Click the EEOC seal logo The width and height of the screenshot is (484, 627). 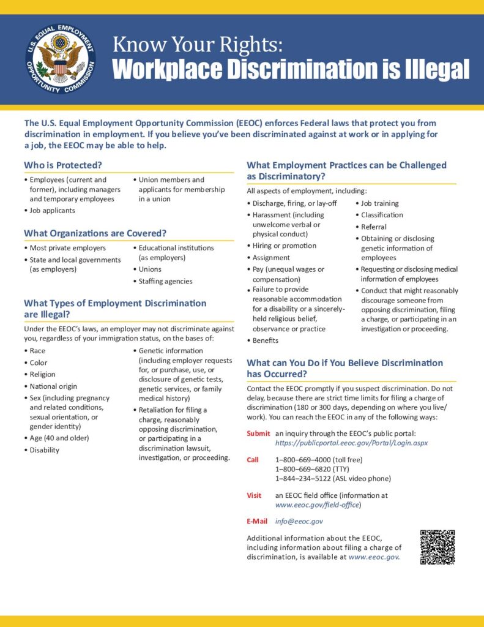tap(61, 60)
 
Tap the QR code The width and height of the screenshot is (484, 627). tap(437, 547)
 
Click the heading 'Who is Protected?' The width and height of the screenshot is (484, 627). tap(63, 165)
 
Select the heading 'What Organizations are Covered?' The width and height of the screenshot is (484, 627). tap(95, 233)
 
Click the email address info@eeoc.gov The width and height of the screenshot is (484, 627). tap(299, 521)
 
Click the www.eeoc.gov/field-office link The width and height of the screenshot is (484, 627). tap(318, 505)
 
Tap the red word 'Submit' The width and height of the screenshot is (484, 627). tap(258, 434)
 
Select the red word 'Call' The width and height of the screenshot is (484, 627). tap(253, 460)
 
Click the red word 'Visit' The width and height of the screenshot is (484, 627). tap(254, 495)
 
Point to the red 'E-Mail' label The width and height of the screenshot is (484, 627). tap(257, 521)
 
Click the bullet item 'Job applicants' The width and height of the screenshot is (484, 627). tap(53, 211)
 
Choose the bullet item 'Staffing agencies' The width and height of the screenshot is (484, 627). tap(165, 282)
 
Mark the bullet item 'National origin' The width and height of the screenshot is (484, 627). tap(53, 386)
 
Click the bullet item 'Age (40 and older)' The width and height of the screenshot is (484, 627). tap(59, 438)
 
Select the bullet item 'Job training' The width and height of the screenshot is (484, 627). tap(379, 203)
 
